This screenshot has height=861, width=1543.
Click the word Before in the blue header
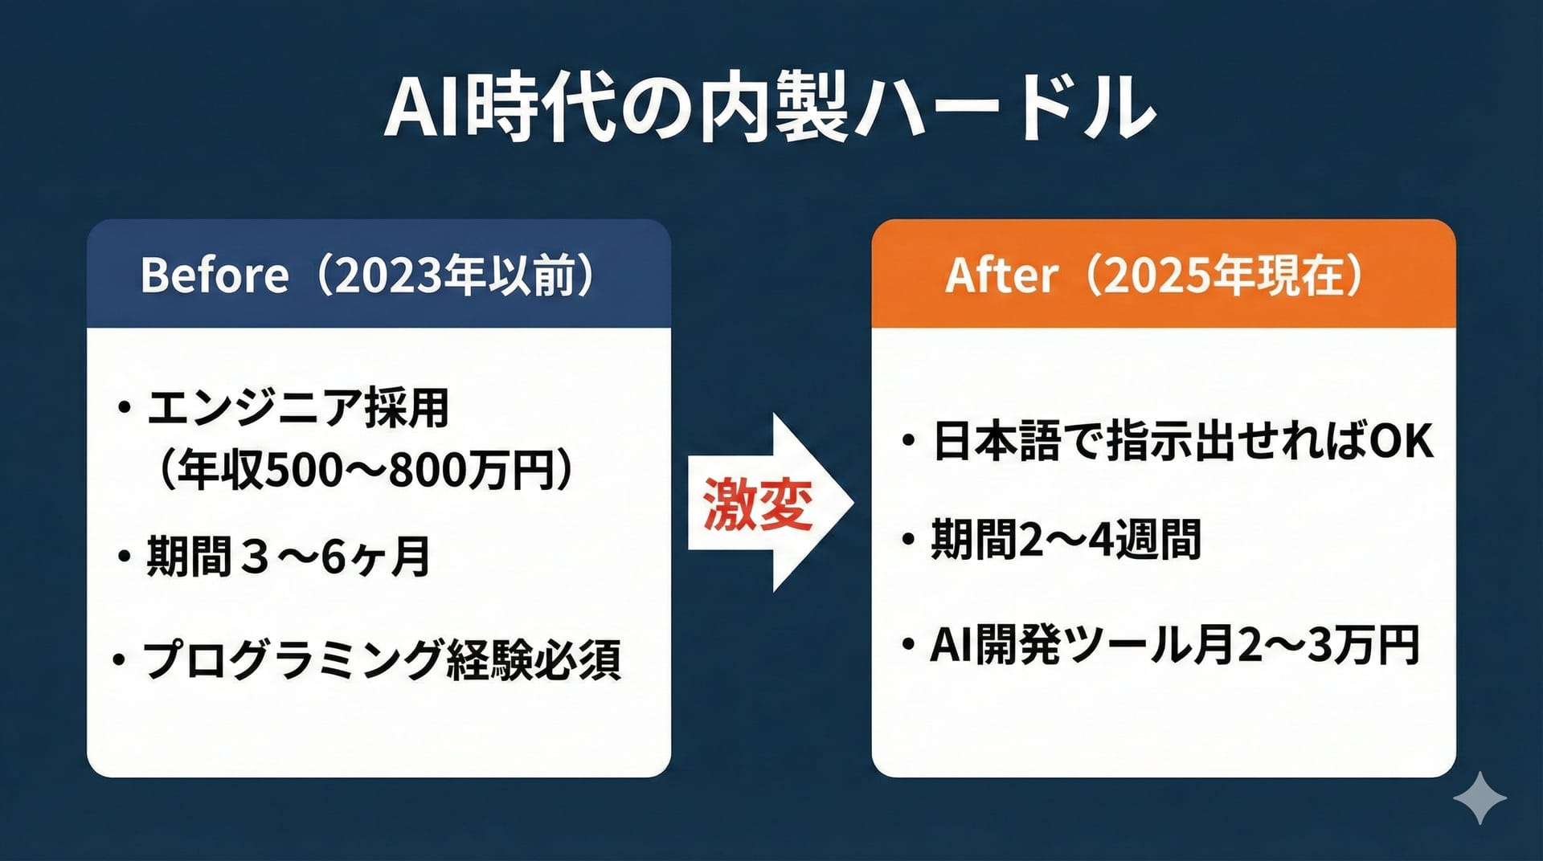point(214,275)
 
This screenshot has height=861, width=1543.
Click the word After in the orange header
point(1001,275)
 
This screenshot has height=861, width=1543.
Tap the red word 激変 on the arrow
point(758,504)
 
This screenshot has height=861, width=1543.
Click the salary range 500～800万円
point(410,470)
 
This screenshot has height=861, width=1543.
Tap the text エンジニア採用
point(298,408)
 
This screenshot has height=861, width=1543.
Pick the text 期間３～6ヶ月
point(288,556)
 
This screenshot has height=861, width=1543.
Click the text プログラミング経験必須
point(382,660)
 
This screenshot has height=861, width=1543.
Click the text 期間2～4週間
point(1066,539)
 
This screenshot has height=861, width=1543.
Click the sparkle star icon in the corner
point(1480,798)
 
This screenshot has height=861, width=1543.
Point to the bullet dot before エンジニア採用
point(124,408)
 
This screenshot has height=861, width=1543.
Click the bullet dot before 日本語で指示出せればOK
point(909,441)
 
